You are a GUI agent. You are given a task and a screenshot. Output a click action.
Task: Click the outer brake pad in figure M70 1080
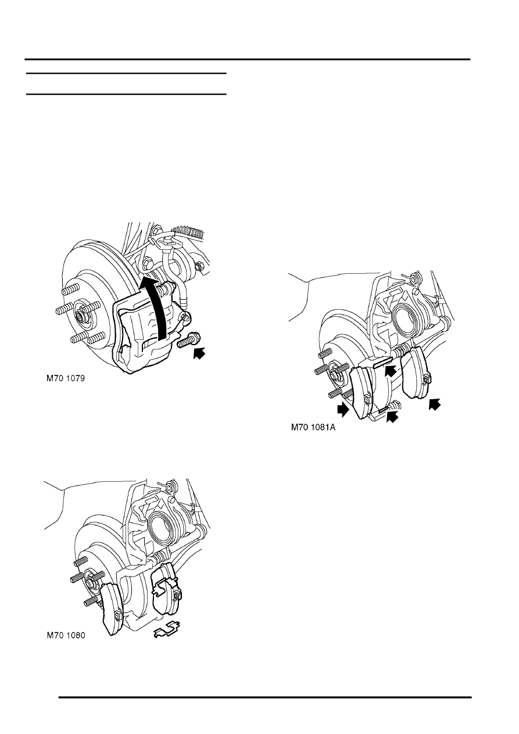pos(110,607)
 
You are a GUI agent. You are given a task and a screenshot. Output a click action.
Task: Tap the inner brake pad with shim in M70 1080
pos(166,581)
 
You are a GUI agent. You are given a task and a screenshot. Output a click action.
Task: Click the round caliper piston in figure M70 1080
pos(162,527)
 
